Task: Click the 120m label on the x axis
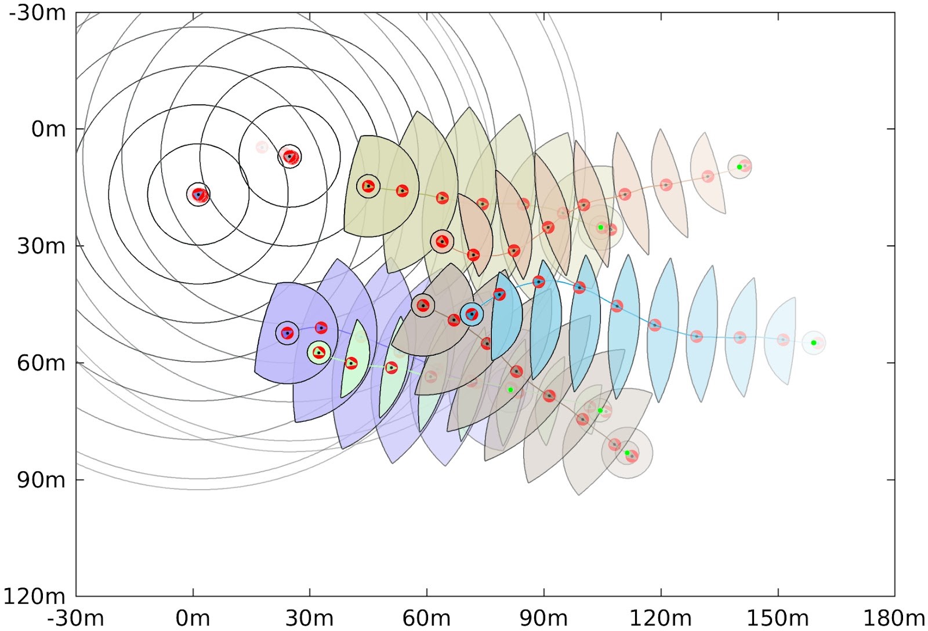pyautogui.click(x=660, y=618)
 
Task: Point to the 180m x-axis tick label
pyautogui.click(x=894, y=618)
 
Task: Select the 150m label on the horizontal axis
pyautogui.click(x=777, y=618)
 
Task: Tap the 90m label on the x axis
pyautogui.click(x=543, y=618)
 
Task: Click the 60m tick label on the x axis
pyautogui.click(x=426, y=618)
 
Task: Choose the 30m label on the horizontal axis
pyautogui.click(x=309, y=618)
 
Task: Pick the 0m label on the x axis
pyautogui.click(x=193, y=618)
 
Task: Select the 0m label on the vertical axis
pyautogui.click(x=49, y=129)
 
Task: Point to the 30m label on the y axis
pyautogui.click(x=41, y=246)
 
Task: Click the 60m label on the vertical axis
pyautogui.click(x=41, y=363)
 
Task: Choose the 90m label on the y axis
pyautogui.click(x=41, y=480)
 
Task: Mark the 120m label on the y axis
pyautogui.click(x=35, y=596)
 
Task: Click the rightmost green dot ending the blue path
pyautogui.click(x=813, y=342)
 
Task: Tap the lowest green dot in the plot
pyautogui.click(x=627, y=453)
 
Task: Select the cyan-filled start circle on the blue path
pyautogui.click(x=472, y=314)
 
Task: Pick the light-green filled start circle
pyautogui.click(x=318, y=352)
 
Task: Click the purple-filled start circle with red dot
pyautogui.click(x=287, y=333)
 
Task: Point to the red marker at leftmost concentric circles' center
pyautogui.click(x=198, y=194)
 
